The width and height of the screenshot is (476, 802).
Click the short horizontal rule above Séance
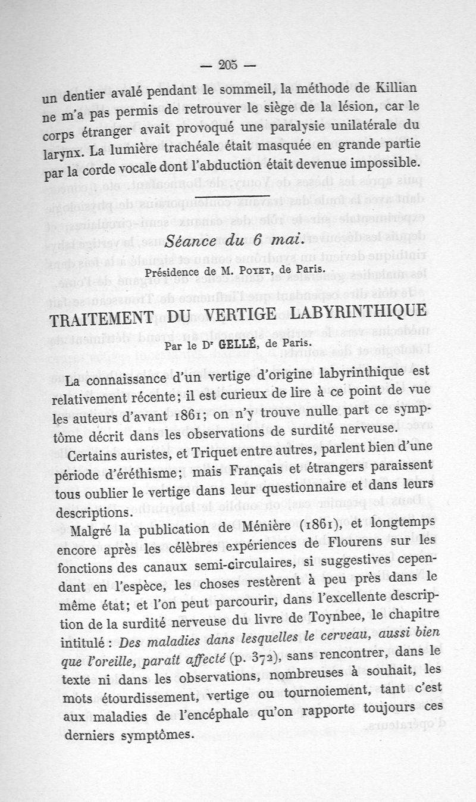[232, 197]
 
